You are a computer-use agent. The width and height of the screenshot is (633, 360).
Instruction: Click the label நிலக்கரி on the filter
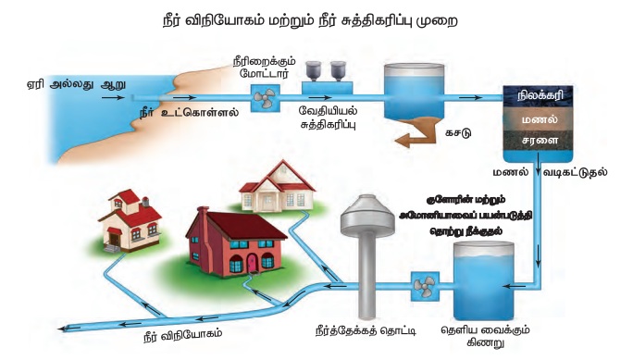tap(538, 96)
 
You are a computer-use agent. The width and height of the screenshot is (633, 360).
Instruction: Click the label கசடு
tap(458, 132)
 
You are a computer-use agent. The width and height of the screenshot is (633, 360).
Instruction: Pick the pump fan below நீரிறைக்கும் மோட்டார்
tap(265, 98)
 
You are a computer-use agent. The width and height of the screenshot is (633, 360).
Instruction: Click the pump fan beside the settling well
tap(425, 287)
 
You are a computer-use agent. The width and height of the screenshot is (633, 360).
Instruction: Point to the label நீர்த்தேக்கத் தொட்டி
tap(366, 331)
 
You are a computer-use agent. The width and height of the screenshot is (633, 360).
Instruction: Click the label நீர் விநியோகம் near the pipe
tap(183, 335)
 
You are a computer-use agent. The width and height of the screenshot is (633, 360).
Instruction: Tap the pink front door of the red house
tap(252, 262)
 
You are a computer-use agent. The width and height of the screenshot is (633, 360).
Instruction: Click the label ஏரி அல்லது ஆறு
tap(76, 85)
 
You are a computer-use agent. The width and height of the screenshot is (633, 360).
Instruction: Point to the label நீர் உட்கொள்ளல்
tap(189, 113)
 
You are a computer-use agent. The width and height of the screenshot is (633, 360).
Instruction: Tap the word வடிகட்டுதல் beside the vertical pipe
tap(575, 172)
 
